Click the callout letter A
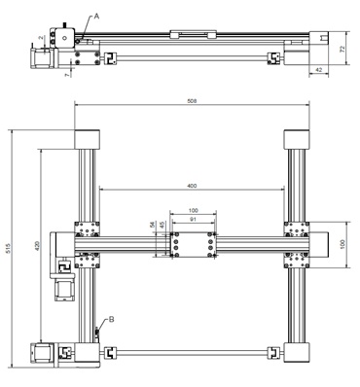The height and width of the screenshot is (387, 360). pyautogui.click(x=96, y=15)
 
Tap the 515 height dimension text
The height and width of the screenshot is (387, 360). pyautogui.click(x=10, y=249)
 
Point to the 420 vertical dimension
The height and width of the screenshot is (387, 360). pyautogui.click(x=37, y=249)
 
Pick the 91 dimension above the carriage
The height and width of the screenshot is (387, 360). pyautogui.click(x=193, y=221)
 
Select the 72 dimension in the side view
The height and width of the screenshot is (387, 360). pyautogui.click(x=342, y=47)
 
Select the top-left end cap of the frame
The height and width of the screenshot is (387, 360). pyautogui.click(x=89, y=138)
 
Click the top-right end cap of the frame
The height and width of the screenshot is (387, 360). pyautogui.click(x=296, y=138)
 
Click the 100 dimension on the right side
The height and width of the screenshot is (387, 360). pyautogui.click(x=342, y=244)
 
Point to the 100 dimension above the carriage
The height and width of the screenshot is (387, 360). pyautogui.click(x=193, y=210)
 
